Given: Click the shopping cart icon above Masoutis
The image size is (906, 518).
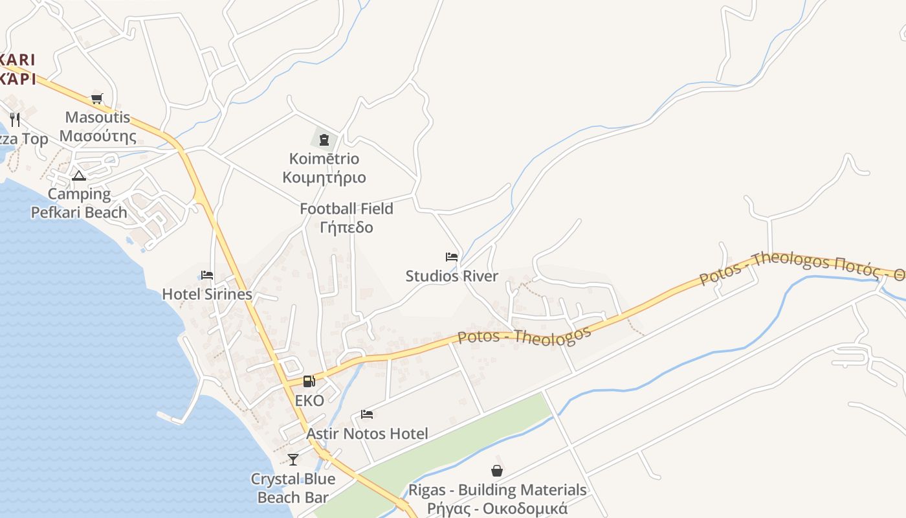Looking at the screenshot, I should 96,98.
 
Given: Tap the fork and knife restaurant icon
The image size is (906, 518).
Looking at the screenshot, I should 16,120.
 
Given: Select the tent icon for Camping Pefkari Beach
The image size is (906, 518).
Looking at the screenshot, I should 79,175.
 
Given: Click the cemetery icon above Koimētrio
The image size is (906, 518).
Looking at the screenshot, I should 324,139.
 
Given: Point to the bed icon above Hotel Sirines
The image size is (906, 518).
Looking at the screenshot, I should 207,275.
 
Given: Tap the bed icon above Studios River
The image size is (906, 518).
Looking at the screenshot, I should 452,257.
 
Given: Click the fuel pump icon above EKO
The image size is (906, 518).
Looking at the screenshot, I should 309,381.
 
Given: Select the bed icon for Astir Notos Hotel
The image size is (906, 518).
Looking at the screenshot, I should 367,414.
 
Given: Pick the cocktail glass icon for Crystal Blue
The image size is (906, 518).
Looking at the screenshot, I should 293,460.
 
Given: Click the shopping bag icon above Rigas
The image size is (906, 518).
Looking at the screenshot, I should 497,471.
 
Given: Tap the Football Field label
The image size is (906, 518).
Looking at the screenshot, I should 346,209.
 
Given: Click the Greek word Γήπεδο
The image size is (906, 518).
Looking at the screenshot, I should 346,227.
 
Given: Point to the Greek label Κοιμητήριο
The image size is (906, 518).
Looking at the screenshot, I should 324,177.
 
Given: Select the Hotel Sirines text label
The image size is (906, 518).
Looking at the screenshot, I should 207,294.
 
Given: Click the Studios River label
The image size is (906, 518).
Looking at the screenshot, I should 452,276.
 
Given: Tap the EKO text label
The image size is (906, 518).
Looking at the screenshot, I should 309,401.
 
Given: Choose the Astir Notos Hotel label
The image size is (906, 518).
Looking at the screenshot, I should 367,434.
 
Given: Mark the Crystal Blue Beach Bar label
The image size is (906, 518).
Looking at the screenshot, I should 293,488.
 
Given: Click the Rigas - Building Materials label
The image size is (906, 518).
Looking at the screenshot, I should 497,490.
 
